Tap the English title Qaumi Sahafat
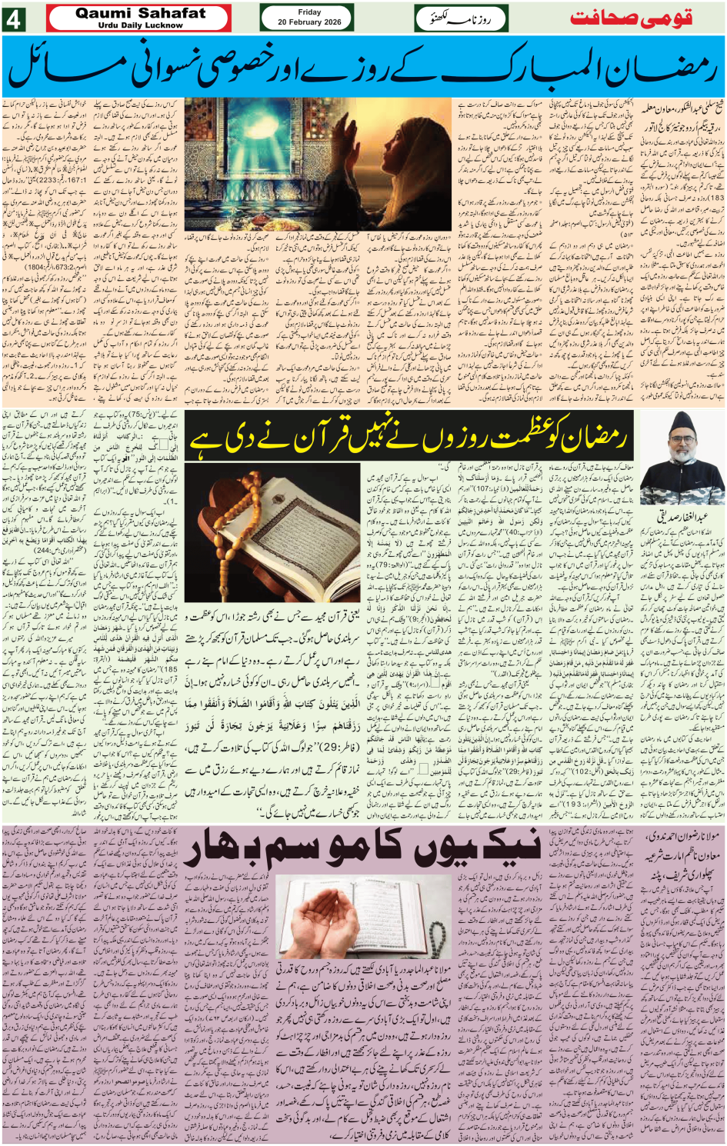(x=140, y=13)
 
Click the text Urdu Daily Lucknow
(x=140, y=25)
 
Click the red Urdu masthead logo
(x=631, y=18)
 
